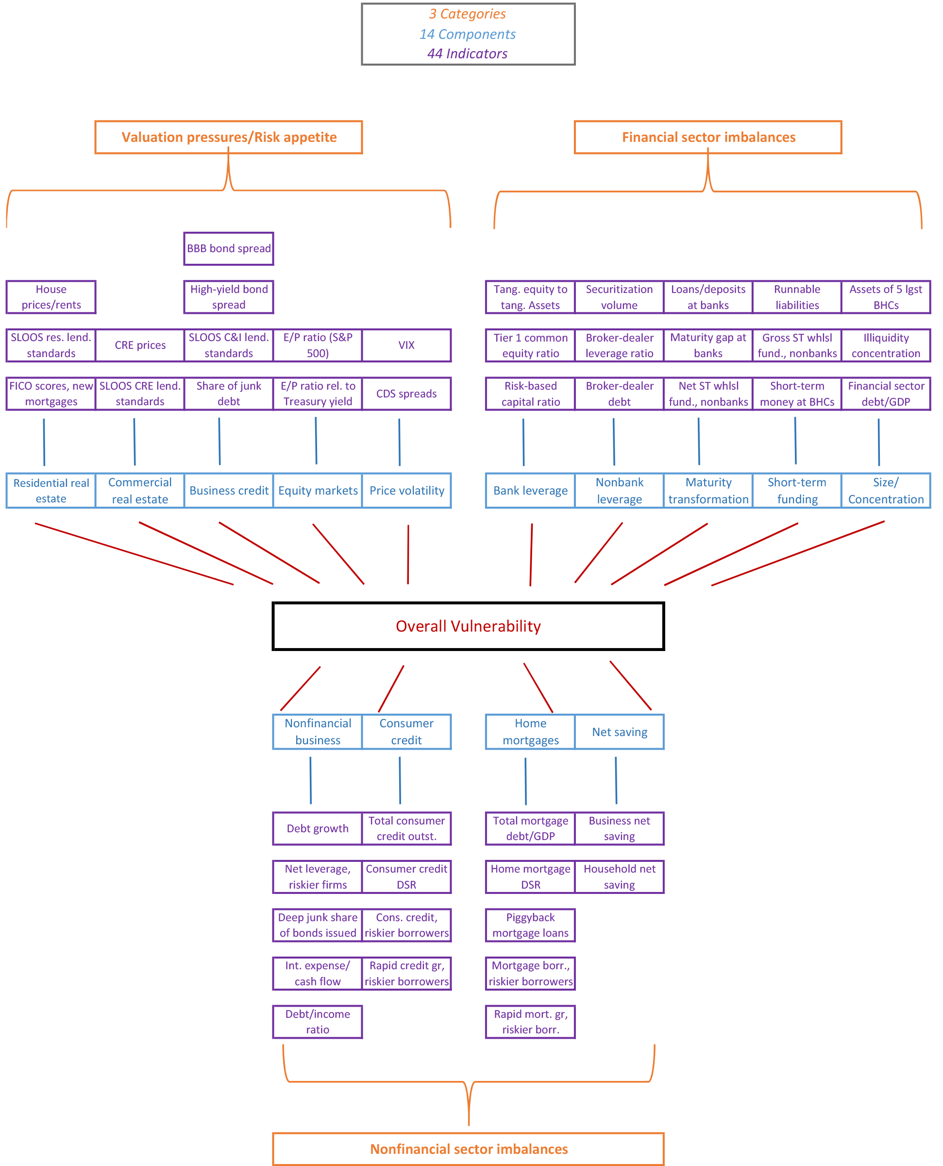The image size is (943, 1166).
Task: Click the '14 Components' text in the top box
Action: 467,34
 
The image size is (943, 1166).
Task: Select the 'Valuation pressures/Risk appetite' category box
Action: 229,137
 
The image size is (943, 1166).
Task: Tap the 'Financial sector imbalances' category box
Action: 708,137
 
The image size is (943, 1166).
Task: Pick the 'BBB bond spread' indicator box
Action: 229,248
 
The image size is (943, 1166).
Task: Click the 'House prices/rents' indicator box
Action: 51,297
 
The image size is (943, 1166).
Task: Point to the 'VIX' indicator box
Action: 406,345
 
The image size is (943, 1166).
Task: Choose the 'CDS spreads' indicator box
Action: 406,394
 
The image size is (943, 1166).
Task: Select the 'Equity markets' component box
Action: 318,490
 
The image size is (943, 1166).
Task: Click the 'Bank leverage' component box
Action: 530,490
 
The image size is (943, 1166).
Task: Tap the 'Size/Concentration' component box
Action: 885,490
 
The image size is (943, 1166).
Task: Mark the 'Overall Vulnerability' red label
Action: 468,626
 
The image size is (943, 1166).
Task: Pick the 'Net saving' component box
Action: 619,732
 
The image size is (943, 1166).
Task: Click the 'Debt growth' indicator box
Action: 317,828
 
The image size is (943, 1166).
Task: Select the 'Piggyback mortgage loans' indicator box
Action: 530,925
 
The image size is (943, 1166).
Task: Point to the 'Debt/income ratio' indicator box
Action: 317,1022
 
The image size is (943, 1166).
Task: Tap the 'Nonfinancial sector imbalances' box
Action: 468,1149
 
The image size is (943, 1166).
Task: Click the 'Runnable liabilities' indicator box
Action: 797,297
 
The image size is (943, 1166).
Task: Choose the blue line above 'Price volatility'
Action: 399,442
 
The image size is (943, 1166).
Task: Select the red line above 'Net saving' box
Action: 630,685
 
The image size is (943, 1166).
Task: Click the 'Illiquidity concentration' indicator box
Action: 885,345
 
